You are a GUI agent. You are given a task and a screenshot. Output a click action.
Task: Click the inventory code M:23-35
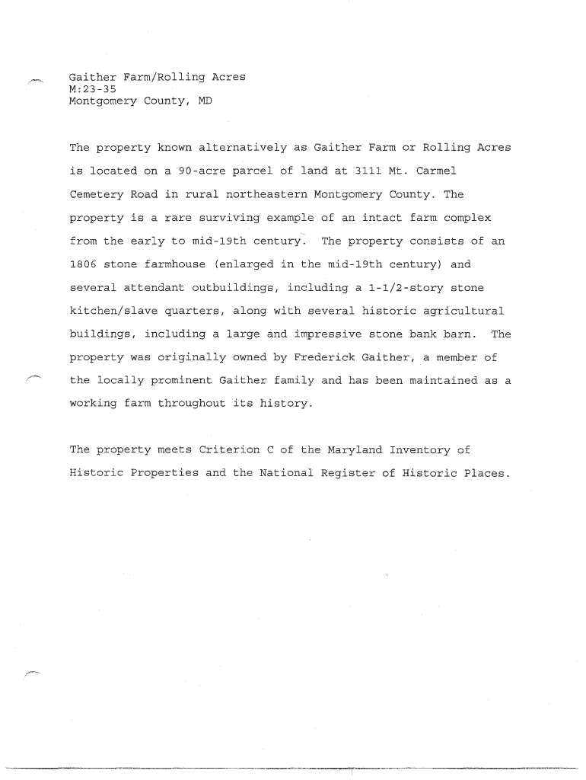(x=93, y=89)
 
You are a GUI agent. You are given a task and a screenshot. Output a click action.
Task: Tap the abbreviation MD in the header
(x=205, y=101)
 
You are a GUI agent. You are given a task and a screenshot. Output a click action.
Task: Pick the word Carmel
(x=436, y=171)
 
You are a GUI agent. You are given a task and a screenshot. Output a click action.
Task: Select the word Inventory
(x=422, y=450)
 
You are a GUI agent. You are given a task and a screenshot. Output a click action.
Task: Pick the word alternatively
(x=243, y=147)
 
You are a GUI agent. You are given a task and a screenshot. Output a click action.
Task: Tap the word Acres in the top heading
(x=228, y=78)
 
